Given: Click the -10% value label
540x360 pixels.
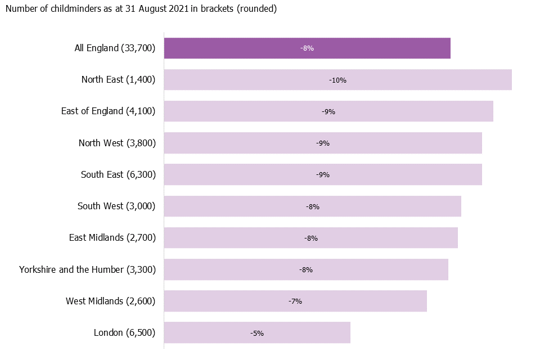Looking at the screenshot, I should [337, 80].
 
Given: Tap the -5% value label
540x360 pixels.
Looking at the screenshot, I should [257, 333].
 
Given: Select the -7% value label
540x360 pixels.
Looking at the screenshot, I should [295, 301].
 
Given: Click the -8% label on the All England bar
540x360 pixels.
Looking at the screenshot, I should [307, 49].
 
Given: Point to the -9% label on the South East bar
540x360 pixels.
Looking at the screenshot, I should [323, 175].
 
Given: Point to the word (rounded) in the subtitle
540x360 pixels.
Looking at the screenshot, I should [257, 10].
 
